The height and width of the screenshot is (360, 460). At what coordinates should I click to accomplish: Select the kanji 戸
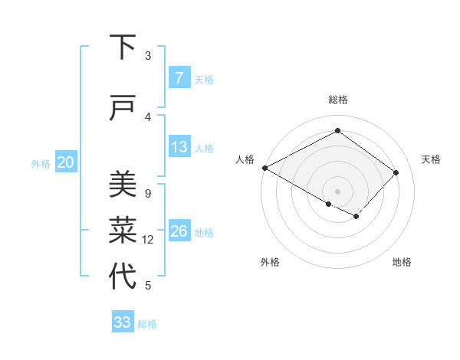pyautogui.click(x=123, y=109)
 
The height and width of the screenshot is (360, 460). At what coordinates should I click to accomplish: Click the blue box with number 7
pyautogui.click(x=179, y=78)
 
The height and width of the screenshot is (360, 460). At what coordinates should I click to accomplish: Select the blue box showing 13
pyautogui.click(x=179, y=148)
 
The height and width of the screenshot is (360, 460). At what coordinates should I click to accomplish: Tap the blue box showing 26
pyautogui.click(x=179, y=232)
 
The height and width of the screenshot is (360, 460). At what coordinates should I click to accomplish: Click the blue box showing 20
pyautogui.click(x=65, y=162)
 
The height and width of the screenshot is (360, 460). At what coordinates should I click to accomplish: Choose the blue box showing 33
pyautogui.click(x=123, y=322)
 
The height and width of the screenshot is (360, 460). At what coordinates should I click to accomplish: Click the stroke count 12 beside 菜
pyautogui.click(x=148, y=240)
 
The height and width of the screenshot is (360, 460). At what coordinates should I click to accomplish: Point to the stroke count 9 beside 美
pyautogui.click(x=147, y=193)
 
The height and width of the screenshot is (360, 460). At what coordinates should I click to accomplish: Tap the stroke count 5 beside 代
pyautogui.click(x=147, y=286)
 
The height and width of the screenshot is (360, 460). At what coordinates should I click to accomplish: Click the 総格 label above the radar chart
pyautogui.click(x=337, y=100)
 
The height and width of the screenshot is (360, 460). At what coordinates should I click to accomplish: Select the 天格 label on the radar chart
pyautogui.click(x=431, y=159)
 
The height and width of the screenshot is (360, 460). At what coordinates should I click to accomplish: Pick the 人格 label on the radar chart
pyautogui.click(x=245, y=159)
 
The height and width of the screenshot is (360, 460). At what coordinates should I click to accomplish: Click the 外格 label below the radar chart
pyautogui.click(x=270, y=262)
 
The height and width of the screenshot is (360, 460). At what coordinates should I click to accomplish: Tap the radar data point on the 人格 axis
pyautogui.click(x=264, y=168)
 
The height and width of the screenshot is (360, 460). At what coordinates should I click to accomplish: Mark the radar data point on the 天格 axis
pyautogui.click(x=396, y=172)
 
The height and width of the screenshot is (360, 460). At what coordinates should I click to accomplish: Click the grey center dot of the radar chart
pyautogui.click(x=337, y=191)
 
